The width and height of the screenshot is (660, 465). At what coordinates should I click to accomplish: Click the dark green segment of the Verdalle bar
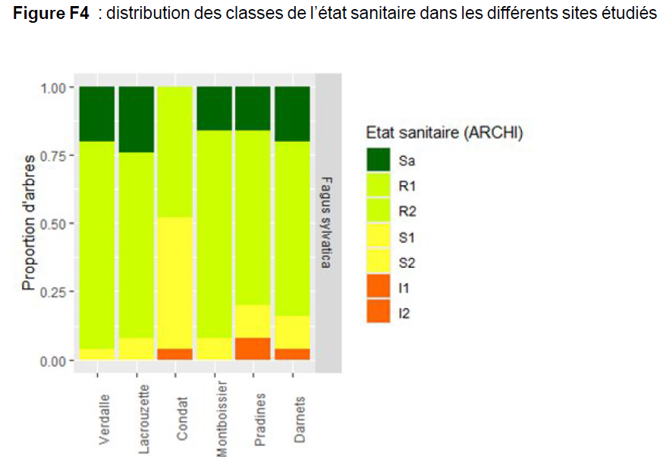(x=96, y=114)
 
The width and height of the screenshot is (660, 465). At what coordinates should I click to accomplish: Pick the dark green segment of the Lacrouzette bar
(x=137, y=119)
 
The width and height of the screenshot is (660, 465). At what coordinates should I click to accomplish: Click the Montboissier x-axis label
(x=222, y=418)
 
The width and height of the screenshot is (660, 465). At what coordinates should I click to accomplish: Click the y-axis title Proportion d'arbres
(x=29, y=223)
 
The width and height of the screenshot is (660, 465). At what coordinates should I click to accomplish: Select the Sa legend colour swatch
(x=378, y=161)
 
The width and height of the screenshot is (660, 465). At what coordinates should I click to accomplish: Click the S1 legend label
(x=405, y=237)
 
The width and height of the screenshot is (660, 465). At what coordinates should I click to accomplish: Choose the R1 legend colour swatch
(x=378, y=186)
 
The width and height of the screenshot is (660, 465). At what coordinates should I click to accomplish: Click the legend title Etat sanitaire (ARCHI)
(x=444, y=132)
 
